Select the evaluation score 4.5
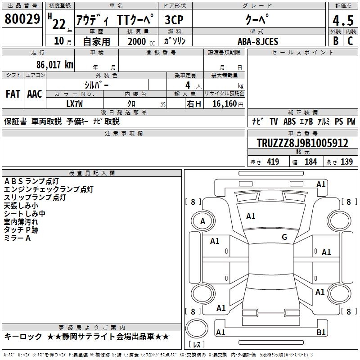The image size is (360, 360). (x=342, y=21)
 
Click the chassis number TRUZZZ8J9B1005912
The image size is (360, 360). (x=302, y=144)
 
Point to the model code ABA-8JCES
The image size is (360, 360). (x=258, y=41)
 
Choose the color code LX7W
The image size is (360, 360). (x=75, y=103)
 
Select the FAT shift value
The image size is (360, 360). (x=13, y=94)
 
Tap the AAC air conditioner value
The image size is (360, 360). (x=35, y=94)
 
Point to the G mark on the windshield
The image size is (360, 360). (x=284, y=237)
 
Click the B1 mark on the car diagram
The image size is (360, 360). (x=321, y=333)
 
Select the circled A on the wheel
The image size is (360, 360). (x=203, y=221)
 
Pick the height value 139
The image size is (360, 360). (x=346, y=162)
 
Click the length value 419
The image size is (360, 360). (x=273, y=162)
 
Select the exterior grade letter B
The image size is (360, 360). (x=336, y=41)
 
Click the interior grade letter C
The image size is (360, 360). (x=351, y=41)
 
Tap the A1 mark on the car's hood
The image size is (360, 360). (x=251, y=216)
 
